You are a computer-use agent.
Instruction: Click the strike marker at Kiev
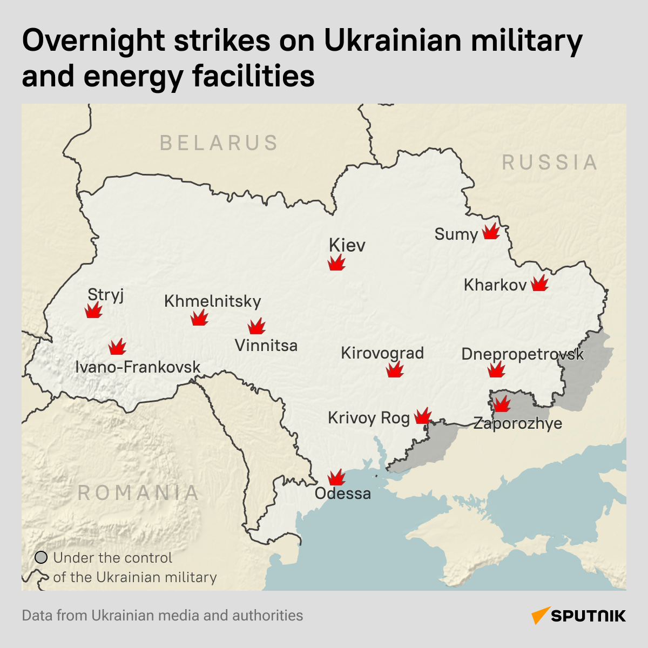[x=336, y=264]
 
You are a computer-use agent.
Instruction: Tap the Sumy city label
[x=456, y=234]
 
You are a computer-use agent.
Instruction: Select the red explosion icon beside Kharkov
[x=539, y=283]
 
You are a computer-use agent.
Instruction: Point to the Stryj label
[x=106, y=295]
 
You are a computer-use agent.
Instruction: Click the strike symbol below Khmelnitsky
[x=199, y=318]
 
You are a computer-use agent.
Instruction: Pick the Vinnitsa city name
[x=266, y=345]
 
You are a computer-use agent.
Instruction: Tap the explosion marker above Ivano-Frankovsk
[x=117, y=347]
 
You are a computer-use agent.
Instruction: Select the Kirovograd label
[x=382, y=353]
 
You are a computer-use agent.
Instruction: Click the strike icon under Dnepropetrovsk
[x=496, y=369]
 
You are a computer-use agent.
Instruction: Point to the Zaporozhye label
[x=518, y=423]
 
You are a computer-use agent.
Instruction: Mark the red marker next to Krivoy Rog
[x=423, y=416]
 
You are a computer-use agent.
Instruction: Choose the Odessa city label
[x=343, y=494]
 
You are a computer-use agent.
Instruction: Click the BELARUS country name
[x=219, y=143]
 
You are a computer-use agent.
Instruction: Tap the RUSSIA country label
[x=550, y=163]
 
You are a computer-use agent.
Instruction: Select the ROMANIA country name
[x=139, y=493]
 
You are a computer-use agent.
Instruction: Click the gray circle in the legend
[x=41, y=558]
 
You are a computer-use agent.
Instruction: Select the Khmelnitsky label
[x=213, y=301]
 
